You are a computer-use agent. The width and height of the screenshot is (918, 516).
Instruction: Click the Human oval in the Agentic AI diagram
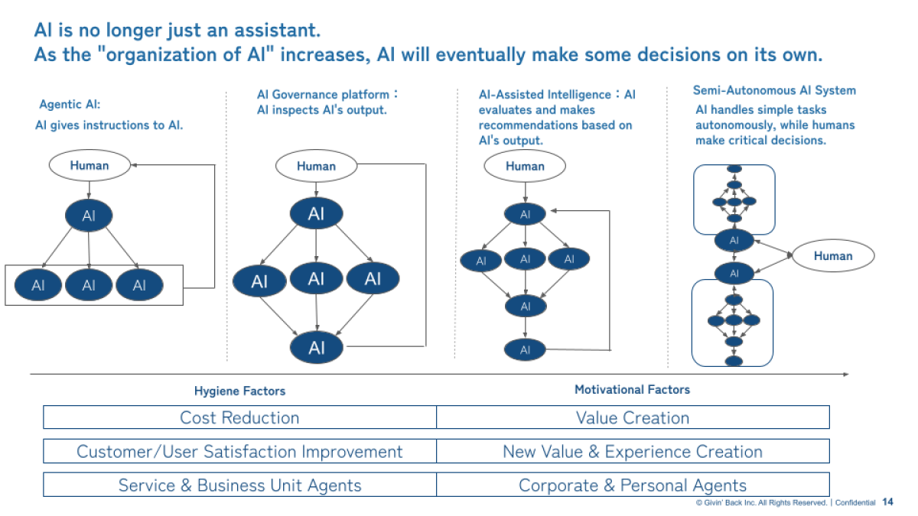coord(90,165)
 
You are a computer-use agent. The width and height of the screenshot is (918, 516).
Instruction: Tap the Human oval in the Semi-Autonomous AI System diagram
coord(833,256)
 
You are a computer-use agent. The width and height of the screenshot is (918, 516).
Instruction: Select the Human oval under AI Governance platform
coord(316,166)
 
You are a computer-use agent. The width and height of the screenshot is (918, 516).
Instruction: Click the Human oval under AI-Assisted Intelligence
coord(525,166)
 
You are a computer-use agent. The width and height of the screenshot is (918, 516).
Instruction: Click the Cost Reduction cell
coord(239,417)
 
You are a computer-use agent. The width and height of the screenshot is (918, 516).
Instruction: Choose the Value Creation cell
coord(633,417)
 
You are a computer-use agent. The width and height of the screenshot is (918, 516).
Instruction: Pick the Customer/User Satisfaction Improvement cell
coord(239,451)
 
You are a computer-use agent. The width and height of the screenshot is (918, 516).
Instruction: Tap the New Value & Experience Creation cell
coord(633,451)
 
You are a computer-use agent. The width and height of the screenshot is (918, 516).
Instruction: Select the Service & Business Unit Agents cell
coord(239,485)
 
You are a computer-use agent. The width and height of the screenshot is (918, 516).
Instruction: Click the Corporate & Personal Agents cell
coord(633,485)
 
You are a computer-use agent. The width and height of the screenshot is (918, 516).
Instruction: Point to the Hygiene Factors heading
coord(239,391)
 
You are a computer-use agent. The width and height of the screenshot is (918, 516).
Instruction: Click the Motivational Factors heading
coord(632,389)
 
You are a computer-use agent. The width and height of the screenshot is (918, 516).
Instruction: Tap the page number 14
coord(887,502)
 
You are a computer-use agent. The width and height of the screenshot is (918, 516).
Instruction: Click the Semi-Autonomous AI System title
coord(774,90)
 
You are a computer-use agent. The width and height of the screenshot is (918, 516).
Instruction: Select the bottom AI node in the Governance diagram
coord(317,348)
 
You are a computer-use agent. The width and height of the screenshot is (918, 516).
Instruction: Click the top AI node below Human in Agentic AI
coord(89,216)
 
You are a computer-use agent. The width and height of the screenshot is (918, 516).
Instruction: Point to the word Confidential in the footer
coord(855,503)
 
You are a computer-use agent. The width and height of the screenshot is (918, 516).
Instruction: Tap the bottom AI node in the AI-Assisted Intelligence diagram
coord(525,350)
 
